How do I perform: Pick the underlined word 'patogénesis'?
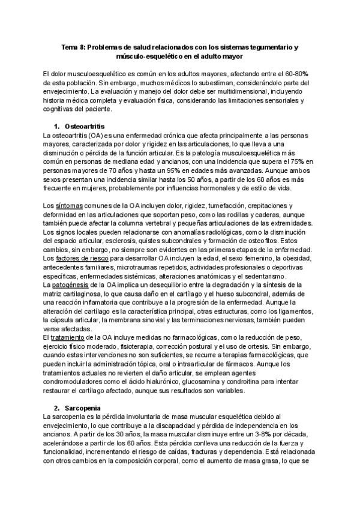click(72, 285)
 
